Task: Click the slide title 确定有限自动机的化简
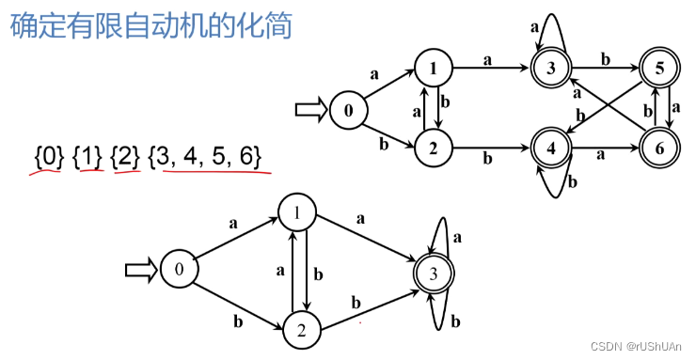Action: point(150,24)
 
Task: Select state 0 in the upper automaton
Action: point(348,110)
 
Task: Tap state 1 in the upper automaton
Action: point(433,68)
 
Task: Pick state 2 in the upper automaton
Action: point(434,147)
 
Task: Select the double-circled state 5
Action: point(660,68)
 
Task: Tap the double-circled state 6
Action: point(658,148)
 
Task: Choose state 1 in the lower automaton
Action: point(296,212)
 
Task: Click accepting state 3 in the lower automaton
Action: point(433,274)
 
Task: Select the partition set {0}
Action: point(49,155)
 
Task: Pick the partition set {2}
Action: point(125,155)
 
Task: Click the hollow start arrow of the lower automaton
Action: point(141,270)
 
